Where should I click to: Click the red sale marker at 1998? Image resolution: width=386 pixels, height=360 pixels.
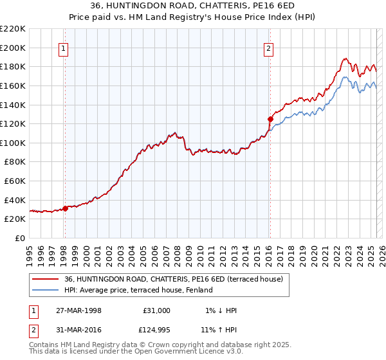[x=66, y=208]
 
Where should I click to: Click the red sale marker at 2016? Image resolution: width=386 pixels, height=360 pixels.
[x=270, y=119]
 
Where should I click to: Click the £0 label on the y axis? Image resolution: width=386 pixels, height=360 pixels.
[x=21, y=238]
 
